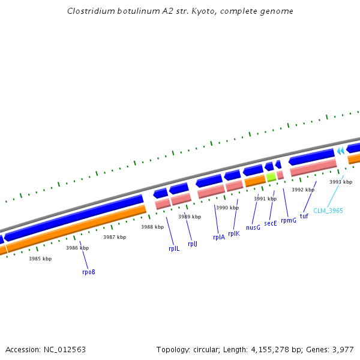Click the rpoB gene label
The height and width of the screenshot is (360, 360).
tap(89, 272)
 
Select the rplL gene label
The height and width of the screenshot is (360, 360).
tap(174, 248)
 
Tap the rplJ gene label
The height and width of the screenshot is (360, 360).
tap(193, 244)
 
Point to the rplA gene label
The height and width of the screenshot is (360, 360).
tap(219, 237)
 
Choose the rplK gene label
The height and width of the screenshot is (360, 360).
tap(234, 233)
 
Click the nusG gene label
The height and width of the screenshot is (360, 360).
tap(253, 227)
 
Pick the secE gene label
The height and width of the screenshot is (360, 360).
tap(271, 223)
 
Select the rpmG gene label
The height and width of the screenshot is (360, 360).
tap(289, 220)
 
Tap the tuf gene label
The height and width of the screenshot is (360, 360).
tap(304, 216)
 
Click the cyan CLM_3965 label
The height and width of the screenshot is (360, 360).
tap(328, 211)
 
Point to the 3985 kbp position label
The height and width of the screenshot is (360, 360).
tap(40, 259)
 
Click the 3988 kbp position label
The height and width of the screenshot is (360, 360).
tap(152, 227)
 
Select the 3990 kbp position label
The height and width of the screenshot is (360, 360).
tap(227, 208)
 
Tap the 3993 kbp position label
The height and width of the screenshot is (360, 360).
tap(341, 182)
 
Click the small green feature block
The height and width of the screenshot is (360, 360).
tap(271, 176)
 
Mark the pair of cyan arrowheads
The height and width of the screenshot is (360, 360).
tap(341, 151)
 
